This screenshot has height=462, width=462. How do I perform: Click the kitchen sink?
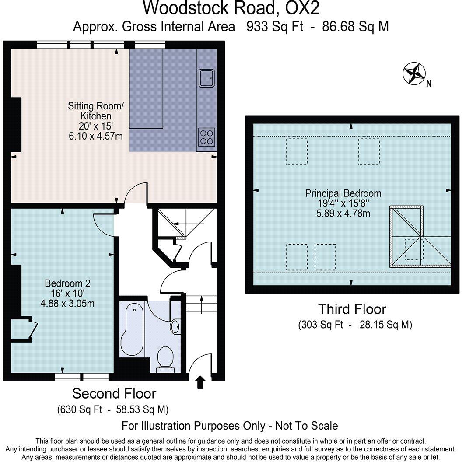pos(206,78)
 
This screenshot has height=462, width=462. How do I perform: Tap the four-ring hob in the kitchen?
pos(206,136)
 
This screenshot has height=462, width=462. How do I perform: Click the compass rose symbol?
pos(414,73)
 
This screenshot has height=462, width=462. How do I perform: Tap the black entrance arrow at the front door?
pos(200,382)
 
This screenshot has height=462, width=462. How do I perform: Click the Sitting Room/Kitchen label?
pos(96,111)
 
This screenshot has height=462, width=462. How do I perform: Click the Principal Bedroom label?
pos(343,193)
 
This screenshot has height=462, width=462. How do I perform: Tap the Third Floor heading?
pos(352,309)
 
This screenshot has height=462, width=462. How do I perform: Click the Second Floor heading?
pos(114,393)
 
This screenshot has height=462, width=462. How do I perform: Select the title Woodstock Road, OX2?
pos(231,8)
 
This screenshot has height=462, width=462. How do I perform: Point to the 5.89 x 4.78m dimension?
pos(343,213)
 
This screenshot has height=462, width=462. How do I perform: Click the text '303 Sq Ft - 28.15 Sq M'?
pos(355,325)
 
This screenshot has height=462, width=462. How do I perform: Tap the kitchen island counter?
pos(146,89)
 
